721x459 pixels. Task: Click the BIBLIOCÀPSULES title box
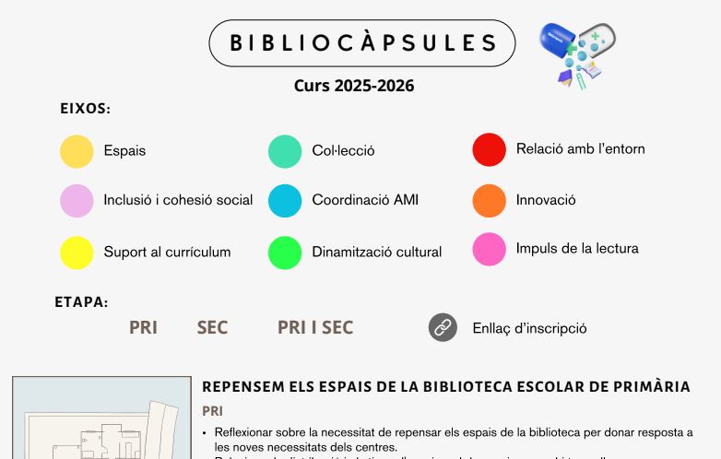pyautogui.click(x=362, y=43)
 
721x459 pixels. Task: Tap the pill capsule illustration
pyautogui.click(x=577, y=54)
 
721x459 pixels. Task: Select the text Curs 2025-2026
pyautogui.click(x=354, y=86)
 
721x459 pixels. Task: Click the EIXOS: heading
pyautogui.click(x=86, y=109)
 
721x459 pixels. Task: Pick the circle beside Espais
pyautogui.click(x=77, y=151)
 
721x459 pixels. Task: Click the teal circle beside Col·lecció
pyautogui.click(x=285, y=151)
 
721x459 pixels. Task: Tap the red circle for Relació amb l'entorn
pyautogui.click(x=490, y=149)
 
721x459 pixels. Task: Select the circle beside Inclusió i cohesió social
pyautogui.click(x=77, y=201)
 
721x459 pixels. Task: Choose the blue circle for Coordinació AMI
pyautogui.click(x=285, y=201)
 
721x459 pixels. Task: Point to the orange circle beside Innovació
pyautogui.click(x=490, y=200)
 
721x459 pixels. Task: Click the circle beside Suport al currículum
pyautogui.click(x=77, y=253)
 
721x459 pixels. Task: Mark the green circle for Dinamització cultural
pyautogui.click(x=285, y=253)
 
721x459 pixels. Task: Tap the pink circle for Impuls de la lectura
pyautogui.click(x=490, y=249)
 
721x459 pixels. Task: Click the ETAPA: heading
pyautogui.click(x=81, y=301)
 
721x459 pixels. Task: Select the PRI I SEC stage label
pyautogui.click(x=315, y=327)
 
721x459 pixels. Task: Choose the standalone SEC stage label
pyautogui.click(x=212, y=327)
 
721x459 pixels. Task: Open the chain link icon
pyautogui.click(x=443, y=327)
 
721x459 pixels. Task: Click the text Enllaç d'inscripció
pyautogui.click(x=529, y=328)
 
